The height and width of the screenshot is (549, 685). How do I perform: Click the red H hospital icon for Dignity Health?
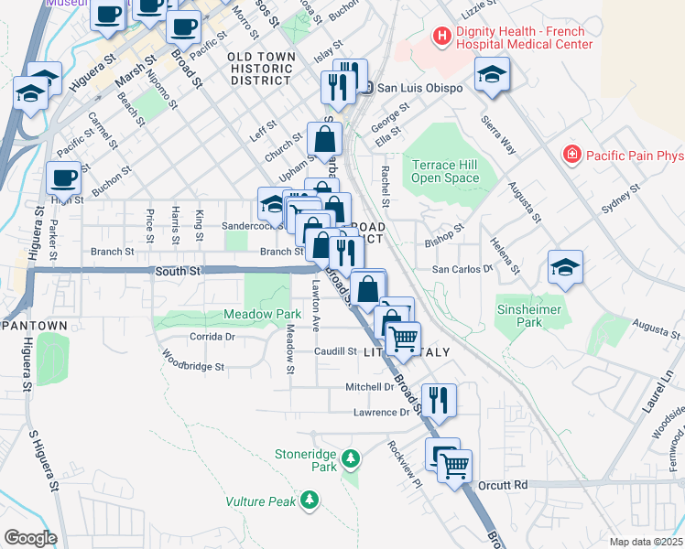pos(443,37)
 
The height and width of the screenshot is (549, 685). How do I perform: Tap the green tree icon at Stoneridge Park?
pos(349,457)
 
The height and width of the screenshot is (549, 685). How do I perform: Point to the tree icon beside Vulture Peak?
pos(310,500)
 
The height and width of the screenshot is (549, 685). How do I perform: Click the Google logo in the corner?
pos(29,538)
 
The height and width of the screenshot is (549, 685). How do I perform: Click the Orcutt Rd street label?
pos(508,484)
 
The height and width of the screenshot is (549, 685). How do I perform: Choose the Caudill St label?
pos(335,351)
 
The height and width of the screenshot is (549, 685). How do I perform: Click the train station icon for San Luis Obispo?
pos(366,88)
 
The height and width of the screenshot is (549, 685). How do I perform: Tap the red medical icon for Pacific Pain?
pos(572,154)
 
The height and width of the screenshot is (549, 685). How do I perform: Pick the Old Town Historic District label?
pos(261,69)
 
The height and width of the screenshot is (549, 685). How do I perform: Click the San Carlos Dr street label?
pos(462,270)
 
